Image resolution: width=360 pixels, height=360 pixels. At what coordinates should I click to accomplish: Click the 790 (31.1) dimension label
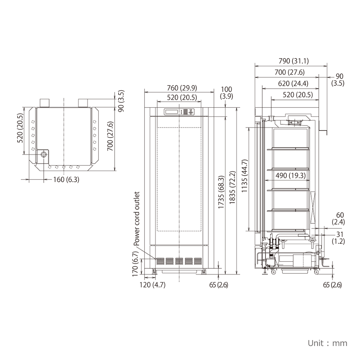[293, 61]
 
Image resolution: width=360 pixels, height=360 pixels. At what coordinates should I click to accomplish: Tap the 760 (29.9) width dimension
[182, 88]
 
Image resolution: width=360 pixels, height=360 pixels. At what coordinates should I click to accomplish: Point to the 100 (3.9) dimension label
[226, 92]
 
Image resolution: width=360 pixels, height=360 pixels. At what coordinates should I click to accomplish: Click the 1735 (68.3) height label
[221, 192]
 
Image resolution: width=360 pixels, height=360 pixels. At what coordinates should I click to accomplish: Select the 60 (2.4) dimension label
[340, 218]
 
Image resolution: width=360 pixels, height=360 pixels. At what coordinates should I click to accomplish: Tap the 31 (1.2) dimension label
[340, 237]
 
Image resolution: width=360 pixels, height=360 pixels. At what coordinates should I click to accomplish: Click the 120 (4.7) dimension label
[153, 285]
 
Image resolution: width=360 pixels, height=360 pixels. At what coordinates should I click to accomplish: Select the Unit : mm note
[327, 343]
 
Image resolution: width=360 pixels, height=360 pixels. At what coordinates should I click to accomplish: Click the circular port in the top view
[44, 155]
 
